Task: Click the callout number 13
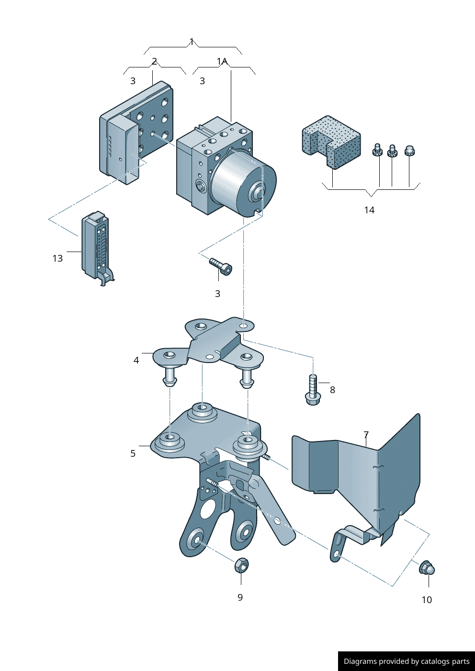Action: [57, 258]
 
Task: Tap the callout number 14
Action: [369, 210]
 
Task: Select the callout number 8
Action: [332, 390]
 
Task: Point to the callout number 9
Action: [240, 597]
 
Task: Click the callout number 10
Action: [427, 600]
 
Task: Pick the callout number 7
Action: [366, 435]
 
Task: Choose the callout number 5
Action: [133, 453]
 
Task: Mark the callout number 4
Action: [136, 360]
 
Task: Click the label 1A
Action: [222, 61]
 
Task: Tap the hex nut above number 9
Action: [241, 565]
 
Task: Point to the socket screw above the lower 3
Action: [221, 266]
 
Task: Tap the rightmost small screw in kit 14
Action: [409, 151]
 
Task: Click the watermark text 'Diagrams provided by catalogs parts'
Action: [407, 661]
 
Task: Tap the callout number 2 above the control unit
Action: [155, 61]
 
